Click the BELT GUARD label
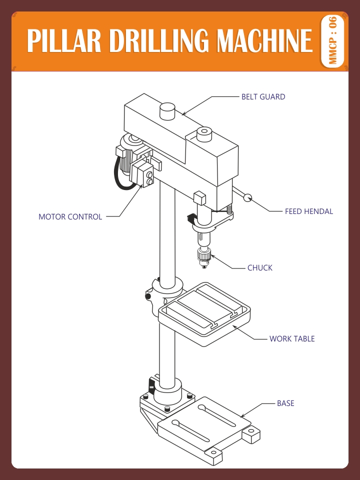[x=263, y=97]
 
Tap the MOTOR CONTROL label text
[x=70, y=217]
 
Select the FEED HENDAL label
[x=308, y=211]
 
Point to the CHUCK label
[x=259, y=268]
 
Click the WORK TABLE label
[x=292, y=339]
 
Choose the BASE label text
[x=285, y=403]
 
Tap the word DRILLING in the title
[x=158, y=41]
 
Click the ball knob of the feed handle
[x=247, y=198]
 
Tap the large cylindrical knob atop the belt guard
[x=167, y=110]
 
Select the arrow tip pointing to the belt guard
[x=182, y=115]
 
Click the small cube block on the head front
[x=199, y=197]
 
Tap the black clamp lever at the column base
[x=151, y=386]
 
